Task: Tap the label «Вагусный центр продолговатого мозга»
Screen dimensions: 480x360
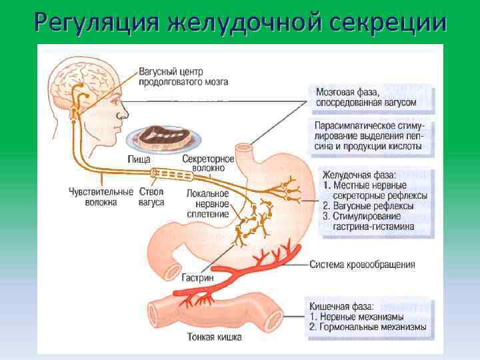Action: click(183, 77)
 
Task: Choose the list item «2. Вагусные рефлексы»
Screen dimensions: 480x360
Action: click(368, 206)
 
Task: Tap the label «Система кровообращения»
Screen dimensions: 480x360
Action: click(362, 265)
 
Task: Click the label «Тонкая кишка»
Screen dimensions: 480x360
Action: click(215, 337)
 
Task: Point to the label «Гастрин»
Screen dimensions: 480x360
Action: click(197, 277)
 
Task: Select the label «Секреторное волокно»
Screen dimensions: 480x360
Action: click(208, 164)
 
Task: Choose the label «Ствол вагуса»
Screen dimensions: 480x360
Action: click(152, 197)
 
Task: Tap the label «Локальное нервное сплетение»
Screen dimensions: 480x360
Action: click(208, 203)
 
